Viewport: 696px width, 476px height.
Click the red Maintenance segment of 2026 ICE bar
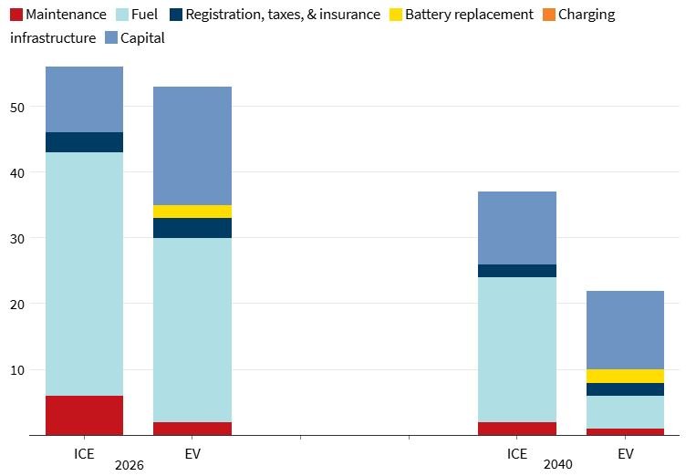point(84,415)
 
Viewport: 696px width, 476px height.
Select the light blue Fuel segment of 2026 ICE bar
point(84,274)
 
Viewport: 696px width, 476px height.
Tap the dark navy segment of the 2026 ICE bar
point(84,142)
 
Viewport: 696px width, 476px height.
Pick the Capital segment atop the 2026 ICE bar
point(84,99)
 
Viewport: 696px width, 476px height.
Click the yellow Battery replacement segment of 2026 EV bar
point(192,212)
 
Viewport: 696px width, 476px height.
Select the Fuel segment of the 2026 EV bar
point(192,329)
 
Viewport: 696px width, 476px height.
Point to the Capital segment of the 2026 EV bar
point(192,146)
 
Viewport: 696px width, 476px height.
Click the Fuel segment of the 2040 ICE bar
point(517,349)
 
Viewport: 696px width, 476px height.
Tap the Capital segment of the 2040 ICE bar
point(517,228)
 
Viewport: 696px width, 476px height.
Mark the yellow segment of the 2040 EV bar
point(625,376)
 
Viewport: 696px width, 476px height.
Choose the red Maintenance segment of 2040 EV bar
point(625,431)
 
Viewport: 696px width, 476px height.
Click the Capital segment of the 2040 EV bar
point(625,330)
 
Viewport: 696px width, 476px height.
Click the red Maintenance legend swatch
point(16,15)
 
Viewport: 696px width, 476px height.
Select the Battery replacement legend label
point(469,15)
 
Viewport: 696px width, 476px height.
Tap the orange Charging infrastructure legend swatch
point(545,15)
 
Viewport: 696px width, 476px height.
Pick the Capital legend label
point(143,38)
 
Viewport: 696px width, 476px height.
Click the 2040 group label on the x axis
point(557,464)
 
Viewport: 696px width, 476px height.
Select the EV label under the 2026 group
point(192,453)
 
